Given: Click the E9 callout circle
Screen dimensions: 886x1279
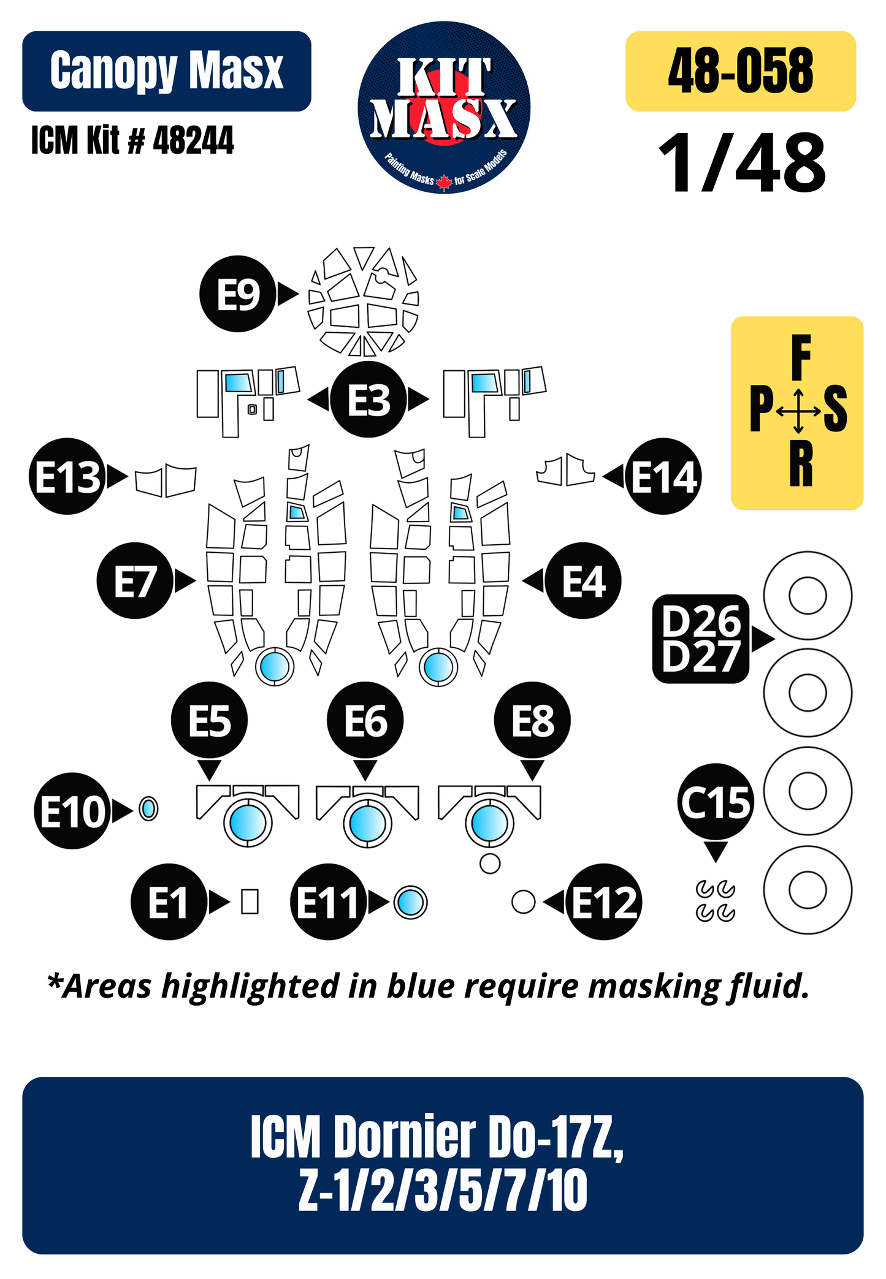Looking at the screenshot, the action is coord(238,294).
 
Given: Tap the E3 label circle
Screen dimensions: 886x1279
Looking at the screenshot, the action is coord(368,400).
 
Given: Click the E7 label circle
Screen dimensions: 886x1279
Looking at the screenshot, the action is coord(135,580).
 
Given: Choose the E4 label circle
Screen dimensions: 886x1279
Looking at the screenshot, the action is coord(583,580).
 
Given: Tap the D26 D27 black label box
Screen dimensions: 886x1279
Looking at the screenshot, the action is coord(701,639).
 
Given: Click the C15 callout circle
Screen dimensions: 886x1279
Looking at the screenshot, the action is coord(716,802).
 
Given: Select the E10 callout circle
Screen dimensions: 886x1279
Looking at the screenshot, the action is coord(72,811).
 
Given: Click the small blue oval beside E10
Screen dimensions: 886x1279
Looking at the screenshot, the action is coord(148,808).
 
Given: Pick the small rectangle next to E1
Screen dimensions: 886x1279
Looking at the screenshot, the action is coord(250,901).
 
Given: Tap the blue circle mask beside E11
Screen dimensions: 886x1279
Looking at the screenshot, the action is coord(410,902).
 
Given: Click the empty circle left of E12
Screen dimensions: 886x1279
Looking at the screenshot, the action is coord(523,901).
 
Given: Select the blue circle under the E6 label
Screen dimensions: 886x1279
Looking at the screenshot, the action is coord(368,822).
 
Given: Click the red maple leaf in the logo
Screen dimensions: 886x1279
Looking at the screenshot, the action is coord(444,182).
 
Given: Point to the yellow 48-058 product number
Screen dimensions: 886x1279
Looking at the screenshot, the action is coord(741,71).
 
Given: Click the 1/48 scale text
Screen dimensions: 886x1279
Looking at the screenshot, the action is coord(742,164).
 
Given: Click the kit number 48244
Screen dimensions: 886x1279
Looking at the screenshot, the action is coord(193,140).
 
